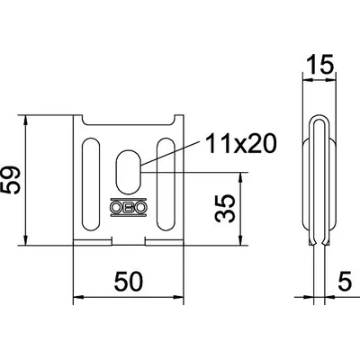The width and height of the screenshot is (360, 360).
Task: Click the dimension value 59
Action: [11, 181]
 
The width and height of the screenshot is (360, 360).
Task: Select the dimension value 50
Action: [129, 282]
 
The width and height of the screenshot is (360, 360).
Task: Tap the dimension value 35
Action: [225, 209]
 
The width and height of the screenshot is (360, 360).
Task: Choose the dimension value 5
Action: [345, 282]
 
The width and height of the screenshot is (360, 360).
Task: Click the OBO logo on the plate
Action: [128, 207]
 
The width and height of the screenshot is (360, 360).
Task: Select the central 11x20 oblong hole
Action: [128, 172]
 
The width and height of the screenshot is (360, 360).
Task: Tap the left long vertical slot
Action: [90, 184]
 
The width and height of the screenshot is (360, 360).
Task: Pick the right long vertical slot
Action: [166, 184]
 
